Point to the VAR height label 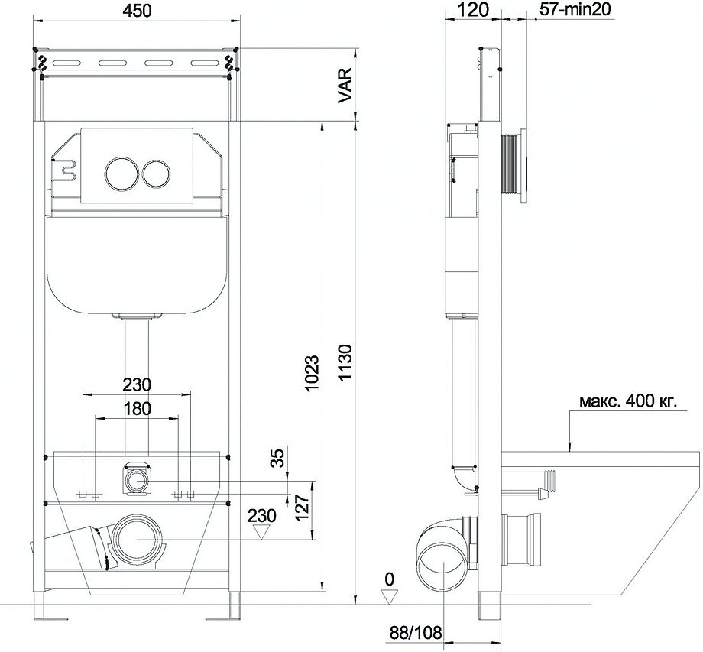(345, 86)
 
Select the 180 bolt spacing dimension (138, 409)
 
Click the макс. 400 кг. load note (627, 401)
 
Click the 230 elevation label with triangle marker (262, 517)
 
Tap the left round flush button (119, 174)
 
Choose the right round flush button (157, 174)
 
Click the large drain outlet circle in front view (138, 540)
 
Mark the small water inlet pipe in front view (138, 481)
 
